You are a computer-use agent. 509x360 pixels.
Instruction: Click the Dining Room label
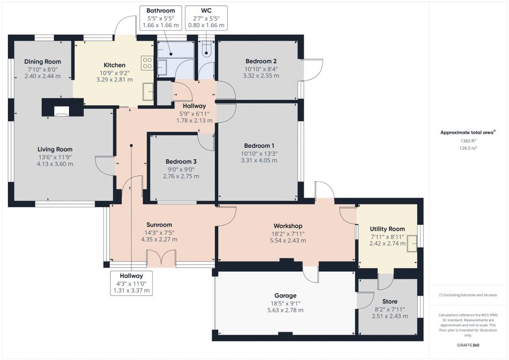43,62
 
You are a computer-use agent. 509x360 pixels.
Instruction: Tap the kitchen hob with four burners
148,63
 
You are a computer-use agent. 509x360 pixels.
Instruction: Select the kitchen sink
148,90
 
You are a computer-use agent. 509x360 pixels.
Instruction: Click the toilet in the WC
206,48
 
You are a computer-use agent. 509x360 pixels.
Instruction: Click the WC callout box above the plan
206,17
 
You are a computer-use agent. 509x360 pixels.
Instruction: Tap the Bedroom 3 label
181,162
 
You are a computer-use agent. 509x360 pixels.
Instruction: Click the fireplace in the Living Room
62,111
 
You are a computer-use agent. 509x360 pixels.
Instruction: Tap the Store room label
390,301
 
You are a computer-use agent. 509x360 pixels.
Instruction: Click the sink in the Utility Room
412,242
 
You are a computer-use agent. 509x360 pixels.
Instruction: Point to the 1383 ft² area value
468,141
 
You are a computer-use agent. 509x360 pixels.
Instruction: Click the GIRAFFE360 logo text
468,345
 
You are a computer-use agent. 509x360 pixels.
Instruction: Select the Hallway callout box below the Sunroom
131,283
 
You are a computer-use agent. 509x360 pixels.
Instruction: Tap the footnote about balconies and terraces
468,295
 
